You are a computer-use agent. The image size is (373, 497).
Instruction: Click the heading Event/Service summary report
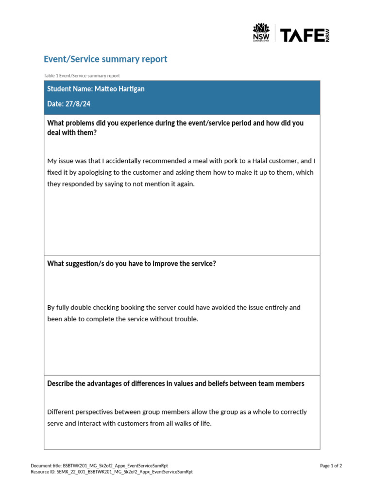(x=105, y=59)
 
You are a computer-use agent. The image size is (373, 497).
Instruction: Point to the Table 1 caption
(x=82, y=76)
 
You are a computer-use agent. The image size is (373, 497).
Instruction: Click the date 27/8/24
(x=79, y=104)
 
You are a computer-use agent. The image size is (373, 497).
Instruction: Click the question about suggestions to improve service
(x=131, y=264)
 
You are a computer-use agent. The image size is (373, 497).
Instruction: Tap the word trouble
(x=186, y=319)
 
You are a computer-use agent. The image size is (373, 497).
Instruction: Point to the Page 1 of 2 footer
(x=331, y=466)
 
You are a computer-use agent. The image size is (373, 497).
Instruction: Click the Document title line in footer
(x=99, y=466)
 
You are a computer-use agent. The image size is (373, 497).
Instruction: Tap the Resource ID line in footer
(x=111, y=472)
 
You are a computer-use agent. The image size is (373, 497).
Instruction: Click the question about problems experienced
(x=175, y=128)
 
